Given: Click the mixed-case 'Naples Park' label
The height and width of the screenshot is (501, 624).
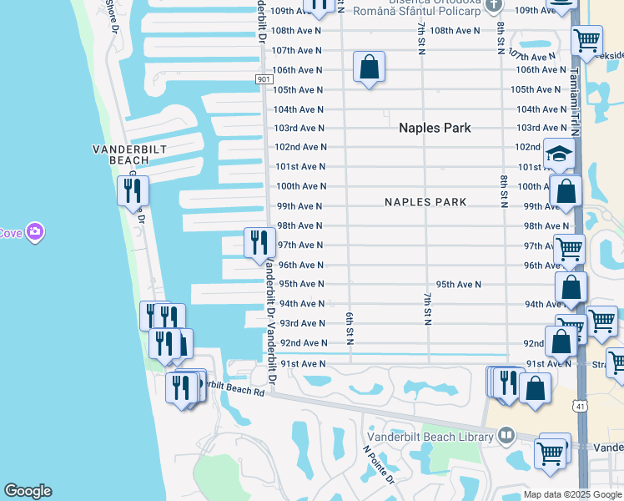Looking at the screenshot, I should pos(435,128).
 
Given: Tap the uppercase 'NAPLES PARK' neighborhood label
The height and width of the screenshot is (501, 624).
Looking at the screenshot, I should pos(425,202).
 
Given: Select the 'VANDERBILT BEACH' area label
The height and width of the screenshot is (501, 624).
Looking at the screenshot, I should pos(130,154).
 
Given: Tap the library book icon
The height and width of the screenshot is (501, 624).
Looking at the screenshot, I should pos(506,435).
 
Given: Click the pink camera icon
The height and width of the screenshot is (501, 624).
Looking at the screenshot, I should pos(34,231).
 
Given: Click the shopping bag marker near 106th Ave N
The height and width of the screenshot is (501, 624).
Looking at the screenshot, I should pos(369,67).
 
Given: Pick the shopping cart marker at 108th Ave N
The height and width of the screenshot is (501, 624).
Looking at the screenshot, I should pos(588,40).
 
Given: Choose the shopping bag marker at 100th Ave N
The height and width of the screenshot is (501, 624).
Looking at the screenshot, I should pos(566,190).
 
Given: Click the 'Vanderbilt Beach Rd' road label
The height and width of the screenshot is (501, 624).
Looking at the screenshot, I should pos(234,387).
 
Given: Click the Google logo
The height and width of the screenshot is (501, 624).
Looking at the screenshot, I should pos(28,491).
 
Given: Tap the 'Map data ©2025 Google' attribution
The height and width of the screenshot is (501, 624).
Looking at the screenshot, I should pos(572,494).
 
